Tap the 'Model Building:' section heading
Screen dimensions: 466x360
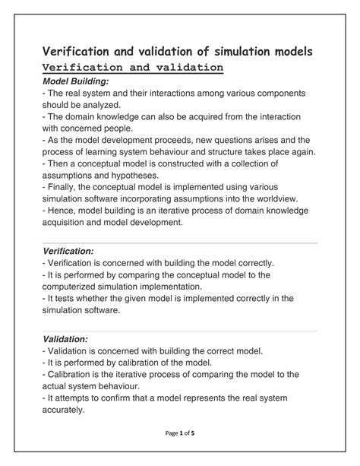point(75,81)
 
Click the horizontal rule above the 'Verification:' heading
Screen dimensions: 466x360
point(179,243)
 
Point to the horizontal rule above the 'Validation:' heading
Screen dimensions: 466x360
point(179,331)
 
